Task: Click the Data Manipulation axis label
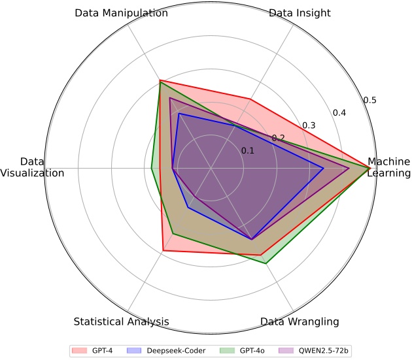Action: point(121,13)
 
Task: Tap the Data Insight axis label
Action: point(300,13)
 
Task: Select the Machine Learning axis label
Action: point(388,167)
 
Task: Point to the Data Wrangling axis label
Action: point(300,321)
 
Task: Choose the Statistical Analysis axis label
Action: point(122,321)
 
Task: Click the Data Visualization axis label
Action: point(33,167)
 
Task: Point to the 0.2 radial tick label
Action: point(279,138)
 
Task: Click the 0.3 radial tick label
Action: point(309,125)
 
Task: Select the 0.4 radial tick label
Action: point(339,113)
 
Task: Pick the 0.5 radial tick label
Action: point(370,100)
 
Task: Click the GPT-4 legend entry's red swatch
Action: point(80,351)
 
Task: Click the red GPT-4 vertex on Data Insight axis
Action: point(249,99)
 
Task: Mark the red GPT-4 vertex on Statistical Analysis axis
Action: point(163,250)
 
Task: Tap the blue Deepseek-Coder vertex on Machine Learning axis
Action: point(324,167)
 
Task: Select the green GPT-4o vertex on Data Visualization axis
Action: point(152,167)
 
